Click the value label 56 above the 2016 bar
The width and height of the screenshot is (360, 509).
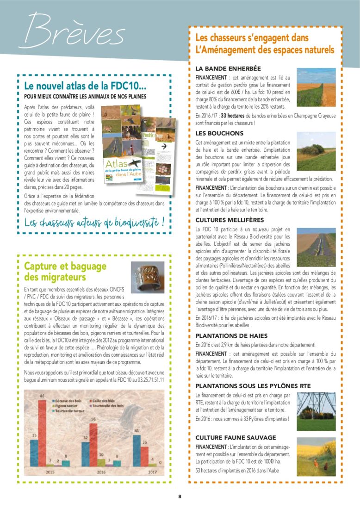point(93,419)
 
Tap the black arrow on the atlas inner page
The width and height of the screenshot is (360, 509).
point(163,146)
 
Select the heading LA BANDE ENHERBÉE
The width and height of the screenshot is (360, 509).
point(228,68)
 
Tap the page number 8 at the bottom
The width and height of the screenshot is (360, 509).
point(180,497)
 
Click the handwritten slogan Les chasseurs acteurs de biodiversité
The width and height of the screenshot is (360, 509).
point(94,223)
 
